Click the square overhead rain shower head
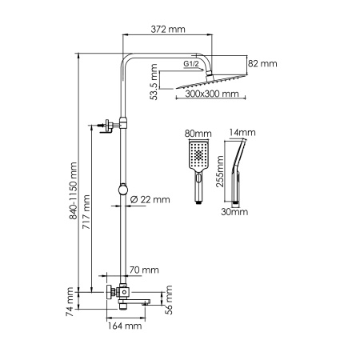(x=210, y=81)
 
